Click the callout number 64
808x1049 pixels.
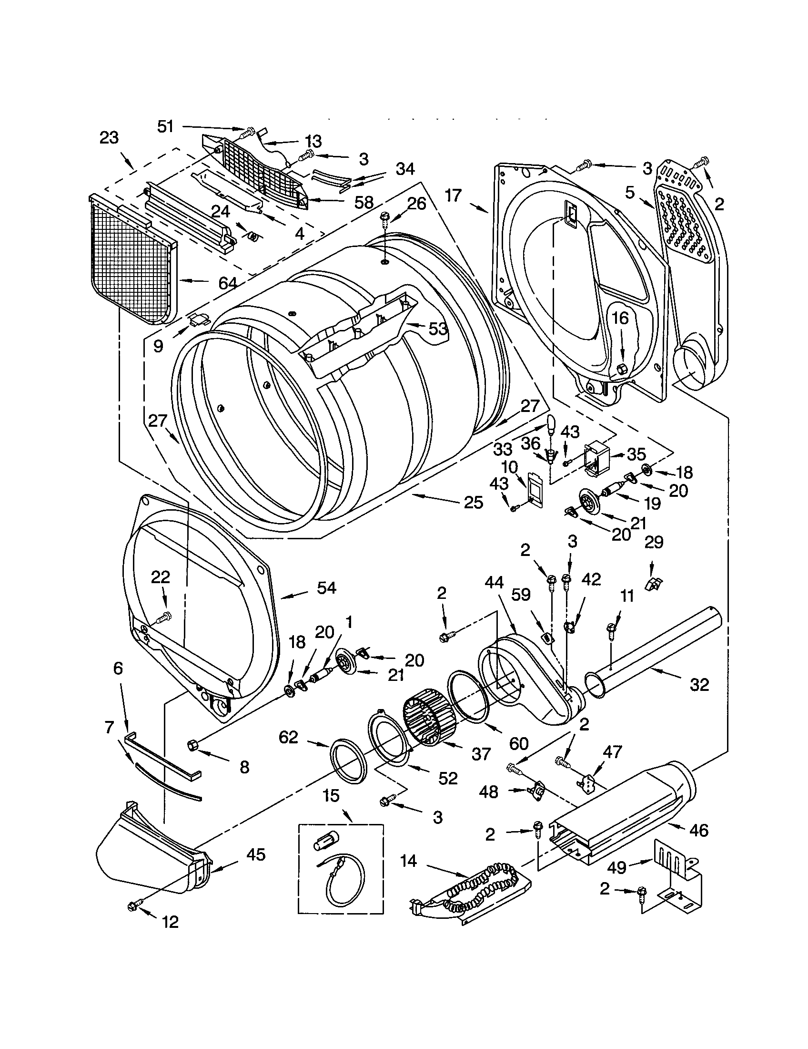point(227,283)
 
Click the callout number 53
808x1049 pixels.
point(437,329)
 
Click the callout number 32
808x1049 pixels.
point(699,684)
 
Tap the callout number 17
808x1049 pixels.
point(453,195)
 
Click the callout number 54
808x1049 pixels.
point(326,587)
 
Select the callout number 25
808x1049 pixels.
point(473,503)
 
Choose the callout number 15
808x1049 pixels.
point(331,796)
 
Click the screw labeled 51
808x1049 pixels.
point(248,131)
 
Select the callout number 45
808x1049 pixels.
point(255,854)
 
